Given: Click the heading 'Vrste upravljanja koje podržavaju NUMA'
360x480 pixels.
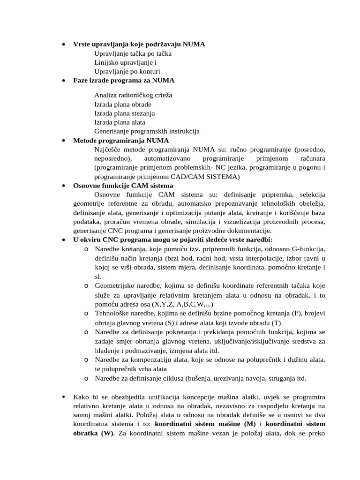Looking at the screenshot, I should (139, 44).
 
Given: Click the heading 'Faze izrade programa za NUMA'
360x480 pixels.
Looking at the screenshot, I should (124, 80).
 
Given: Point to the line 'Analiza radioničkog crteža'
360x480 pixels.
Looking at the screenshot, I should (133, 95).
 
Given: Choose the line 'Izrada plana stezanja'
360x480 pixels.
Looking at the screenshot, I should (124, 113).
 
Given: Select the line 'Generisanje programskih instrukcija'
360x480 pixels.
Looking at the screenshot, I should (147, 131).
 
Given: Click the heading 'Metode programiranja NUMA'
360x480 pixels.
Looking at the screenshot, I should (121, 141).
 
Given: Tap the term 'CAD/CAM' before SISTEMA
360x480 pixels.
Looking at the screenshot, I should (194, 177).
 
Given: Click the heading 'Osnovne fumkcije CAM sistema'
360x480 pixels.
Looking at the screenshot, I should (123, 186).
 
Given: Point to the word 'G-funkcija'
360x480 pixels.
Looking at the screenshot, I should (307, 249).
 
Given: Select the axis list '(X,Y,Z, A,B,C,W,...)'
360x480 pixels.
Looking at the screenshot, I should (174, 304).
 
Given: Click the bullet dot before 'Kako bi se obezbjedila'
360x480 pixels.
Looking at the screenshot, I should (64, 397).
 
